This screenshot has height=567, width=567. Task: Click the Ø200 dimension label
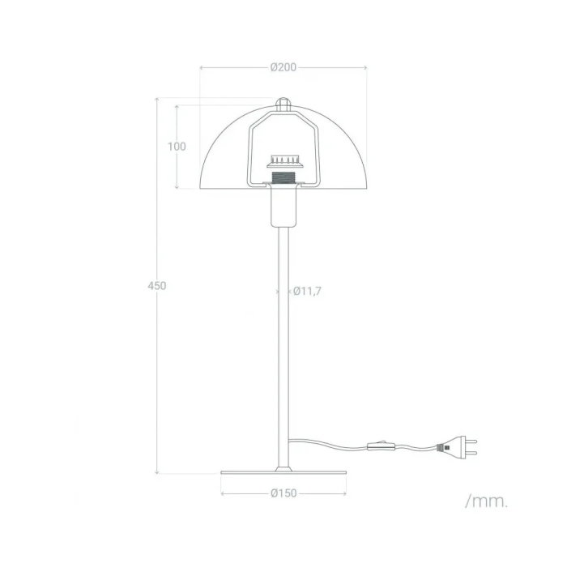[283, 67]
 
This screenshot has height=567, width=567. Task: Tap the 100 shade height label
[177, 147]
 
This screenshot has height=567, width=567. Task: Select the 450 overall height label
[157, 286]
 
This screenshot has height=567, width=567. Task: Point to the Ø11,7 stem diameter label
[307, 291]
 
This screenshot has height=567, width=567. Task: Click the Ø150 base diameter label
[283, 492]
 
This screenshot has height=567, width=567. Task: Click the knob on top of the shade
[283, 103]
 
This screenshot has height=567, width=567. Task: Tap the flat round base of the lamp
[283, 472]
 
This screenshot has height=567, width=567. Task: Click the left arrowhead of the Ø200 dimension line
[202, 67]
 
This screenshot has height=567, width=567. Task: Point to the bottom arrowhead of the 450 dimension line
[157, 472]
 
